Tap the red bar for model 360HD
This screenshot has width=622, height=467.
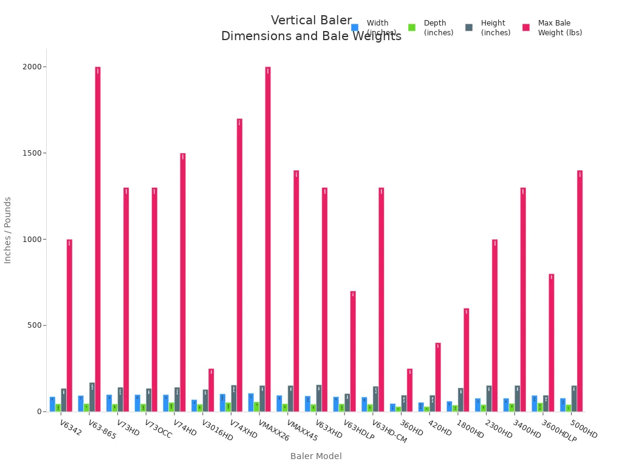[x=409, y=390]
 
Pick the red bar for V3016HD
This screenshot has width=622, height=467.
[x=211, y=390]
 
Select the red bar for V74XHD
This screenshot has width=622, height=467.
[x=239, y=265]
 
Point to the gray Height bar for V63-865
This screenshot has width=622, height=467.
[x=92, y=397]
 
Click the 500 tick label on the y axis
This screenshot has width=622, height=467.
[x=35, y=325]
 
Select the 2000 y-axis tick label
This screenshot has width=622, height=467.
[x=33, y=67]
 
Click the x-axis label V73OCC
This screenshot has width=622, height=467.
[x=158, y=429]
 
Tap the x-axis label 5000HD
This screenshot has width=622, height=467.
[x=584, y=429]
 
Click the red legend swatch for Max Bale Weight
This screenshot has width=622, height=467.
[x=526, y=27]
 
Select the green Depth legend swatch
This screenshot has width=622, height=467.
[x=412, y=27]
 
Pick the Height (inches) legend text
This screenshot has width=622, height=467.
[x=496, y=28]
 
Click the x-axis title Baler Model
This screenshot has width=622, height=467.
[x=316, y=456]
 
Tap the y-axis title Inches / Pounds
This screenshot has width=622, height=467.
[x=8, y=230]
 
